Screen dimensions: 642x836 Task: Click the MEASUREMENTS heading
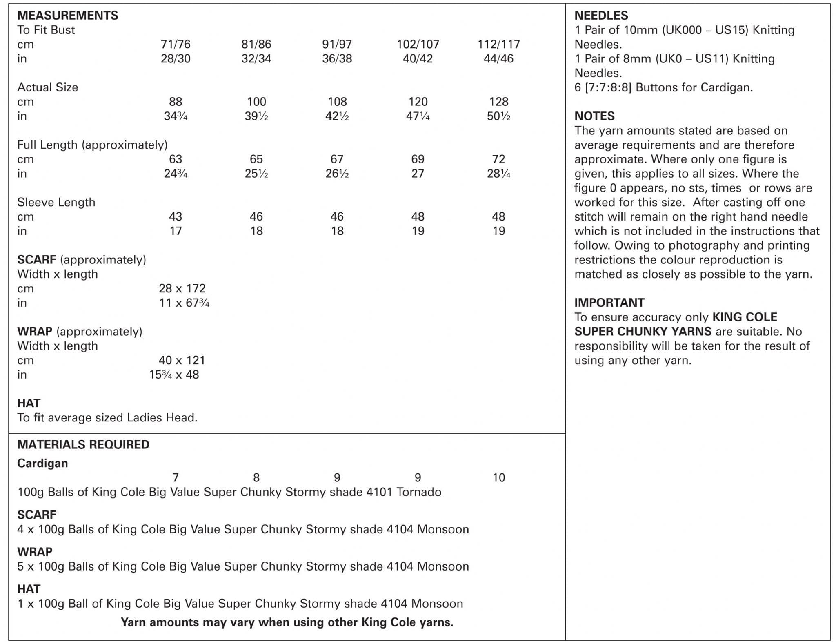coord(67,16)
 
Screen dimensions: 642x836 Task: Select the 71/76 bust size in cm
coord(176,44)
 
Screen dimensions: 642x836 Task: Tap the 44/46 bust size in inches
coord(498,58)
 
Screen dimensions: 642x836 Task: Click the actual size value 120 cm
coord(418,102)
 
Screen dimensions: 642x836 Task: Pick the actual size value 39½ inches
coord(256,116)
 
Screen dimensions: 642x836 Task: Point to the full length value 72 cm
coord(498,159)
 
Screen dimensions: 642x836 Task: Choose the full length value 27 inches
coord(418,174)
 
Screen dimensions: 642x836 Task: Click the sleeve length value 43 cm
coord(176,216)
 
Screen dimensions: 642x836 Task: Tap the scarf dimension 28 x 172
coord(182,288)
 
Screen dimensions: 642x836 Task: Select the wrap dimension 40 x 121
coord(182,360)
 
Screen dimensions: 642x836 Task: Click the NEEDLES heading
coord(601,16)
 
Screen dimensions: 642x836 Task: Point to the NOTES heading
coord(594,116)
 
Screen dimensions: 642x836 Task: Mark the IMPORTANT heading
coord(609,303)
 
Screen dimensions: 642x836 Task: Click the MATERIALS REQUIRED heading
coord(83,444)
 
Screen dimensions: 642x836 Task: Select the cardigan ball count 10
coord(498,477)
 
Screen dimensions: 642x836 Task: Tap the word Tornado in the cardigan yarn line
coord(419,492)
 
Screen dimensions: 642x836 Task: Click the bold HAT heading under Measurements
coord(29,403)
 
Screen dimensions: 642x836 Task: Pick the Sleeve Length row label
coord(56,202)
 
